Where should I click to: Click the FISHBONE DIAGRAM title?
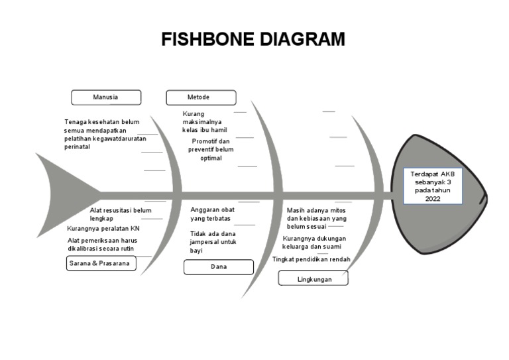(253, 40)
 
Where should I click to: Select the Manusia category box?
(106, 97)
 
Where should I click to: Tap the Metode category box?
(200, 97)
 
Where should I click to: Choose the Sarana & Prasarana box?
(101, 264)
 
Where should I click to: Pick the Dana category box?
(218, 267)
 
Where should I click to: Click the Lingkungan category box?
(313, 279)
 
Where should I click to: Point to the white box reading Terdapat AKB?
(433, 186)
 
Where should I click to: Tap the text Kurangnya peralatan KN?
(103, 229)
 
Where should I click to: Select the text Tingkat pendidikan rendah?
(311, 259)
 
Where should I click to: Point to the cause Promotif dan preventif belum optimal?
(211, 150)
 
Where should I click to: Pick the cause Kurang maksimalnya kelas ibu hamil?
(204, 122)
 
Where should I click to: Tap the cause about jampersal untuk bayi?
(213, 242)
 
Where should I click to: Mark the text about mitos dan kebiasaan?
(316, 217)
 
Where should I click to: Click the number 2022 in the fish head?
(433, 199)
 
